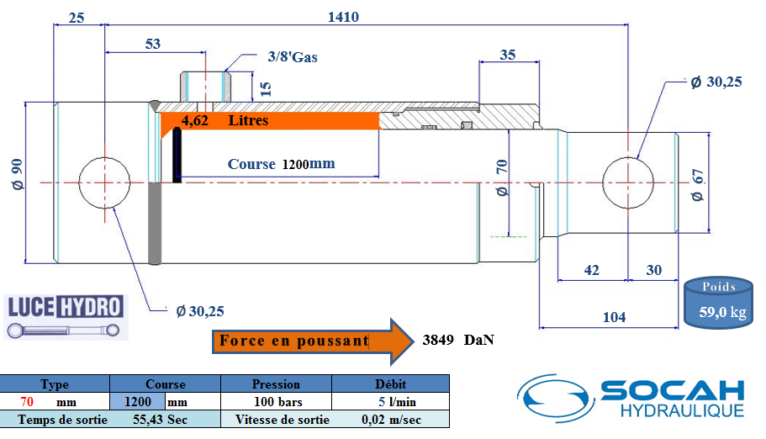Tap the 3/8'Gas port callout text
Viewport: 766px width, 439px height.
(x=293, y=57)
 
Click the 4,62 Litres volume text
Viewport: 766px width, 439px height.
(x=226, y=121)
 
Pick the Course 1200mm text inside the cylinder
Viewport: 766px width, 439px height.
(x=281, y=164)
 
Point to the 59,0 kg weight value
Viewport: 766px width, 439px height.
(x=722, y=314)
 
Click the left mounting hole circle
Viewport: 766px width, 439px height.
(x=104, y=181)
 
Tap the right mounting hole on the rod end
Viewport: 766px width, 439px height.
(x=629, y=182)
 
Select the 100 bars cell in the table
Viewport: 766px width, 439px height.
(x=276, y=402)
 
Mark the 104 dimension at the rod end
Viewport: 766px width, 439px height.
(x=614, y=316)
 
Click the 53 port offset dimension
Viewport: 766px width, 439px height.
(x=152, y=44)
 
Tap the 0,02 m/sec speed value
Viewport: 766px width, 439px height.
(x=391, y=420)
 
